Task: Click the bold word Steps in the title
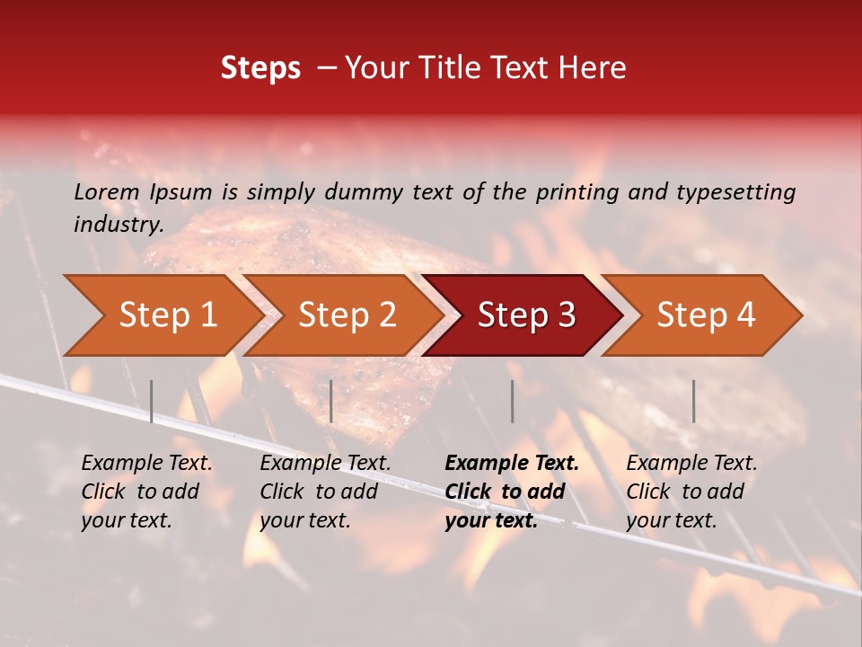260,67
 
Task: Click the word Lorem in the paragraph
106,191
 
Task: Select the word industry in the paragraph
119,225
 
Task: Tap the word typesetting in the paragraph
735,191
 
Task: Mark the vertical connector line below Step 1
152,401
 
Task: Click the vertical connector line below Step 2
331,401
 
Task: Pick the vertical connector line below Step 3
512,401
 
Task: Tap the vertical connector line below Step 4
693,401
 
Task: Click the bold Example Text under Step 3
512,464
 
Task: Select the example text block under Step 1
146,492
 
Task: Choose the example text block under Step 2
325,492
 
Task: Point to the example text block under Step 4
691,492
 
